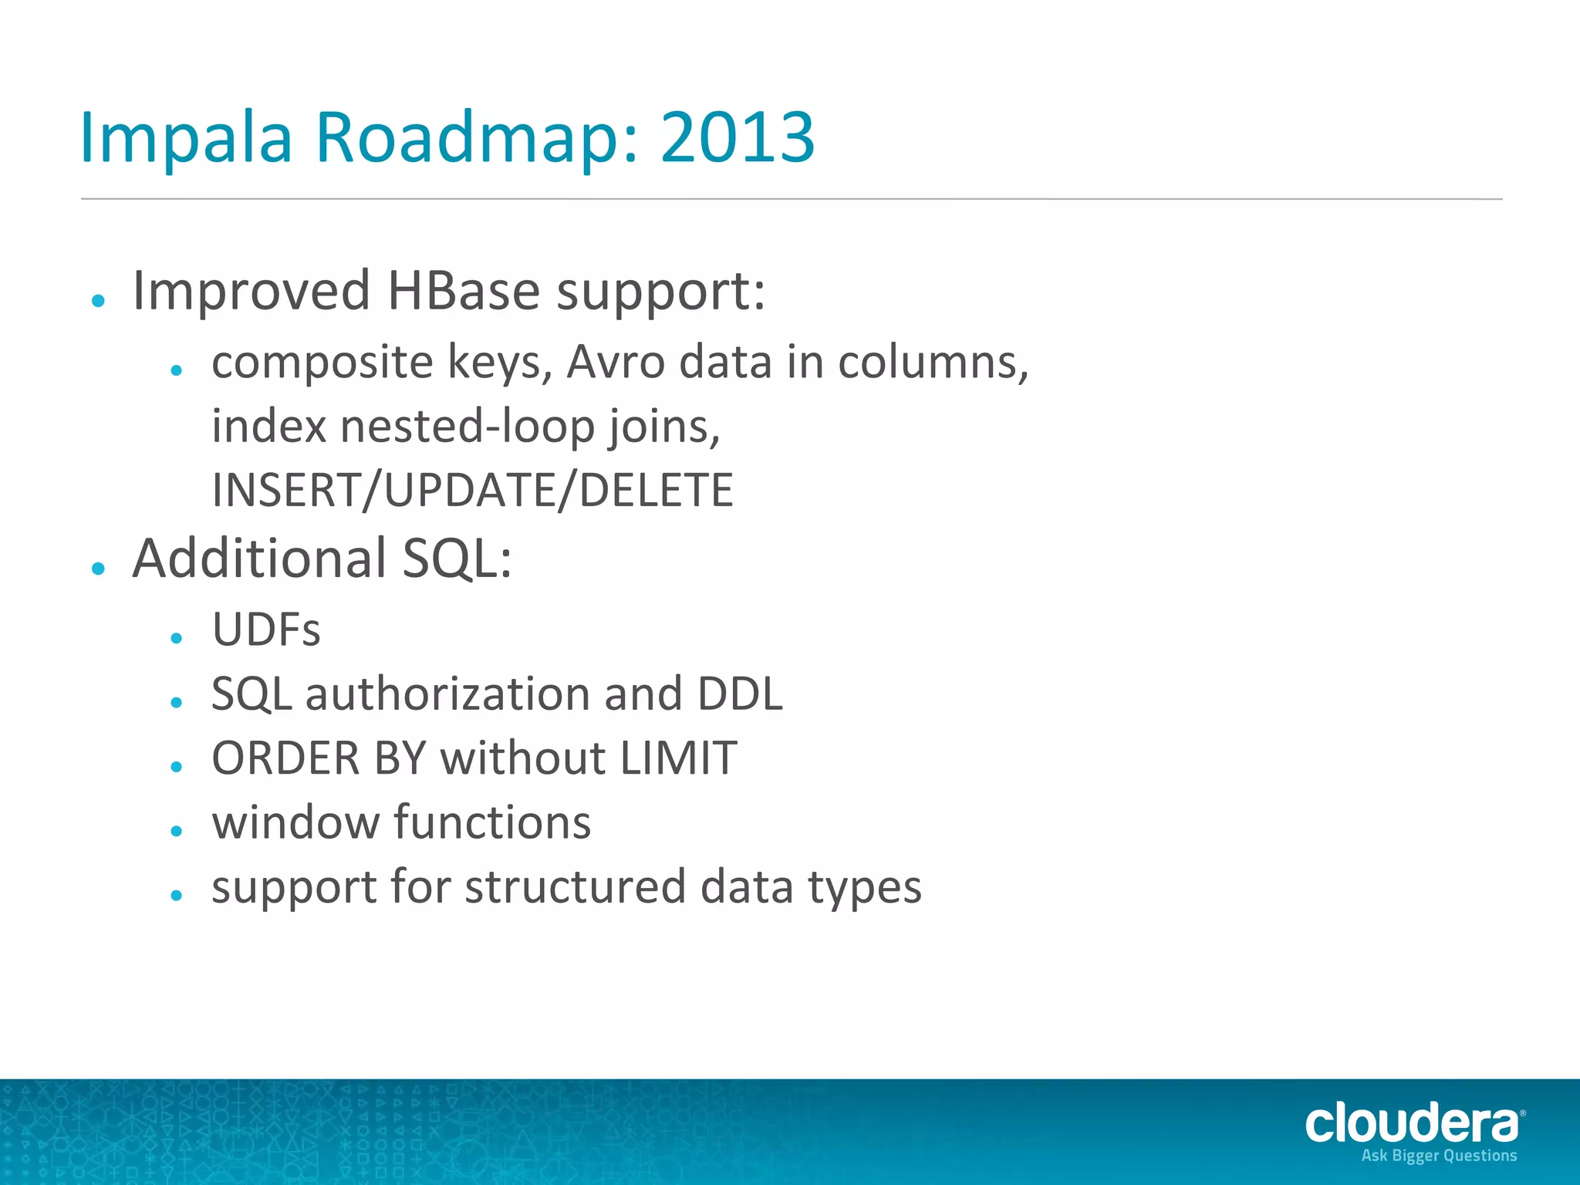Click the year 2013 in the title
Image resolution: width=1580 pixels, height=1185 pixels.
pyautogui.click(x=737, y=137)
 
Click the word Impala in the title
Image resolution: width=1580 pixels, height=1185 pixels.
pyautogui.click(x=186, y=137)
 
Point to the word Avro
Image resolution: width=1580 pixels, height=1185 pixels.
pyautogui.click(x=615, y=362)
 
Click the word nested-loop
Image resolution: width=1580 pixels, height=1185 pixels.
pyautogui.click(x=468, y=426)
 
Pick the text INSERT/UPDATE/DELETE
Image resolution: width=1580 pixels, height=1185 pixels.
pyautogui.click(x=472, y=490)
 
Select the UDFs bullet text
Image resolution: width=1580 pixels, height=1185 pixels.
pyautogui.click(x=265, y=630)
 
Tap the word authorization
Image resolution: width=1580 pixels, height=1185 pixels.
pyautogui.click(x=447, y=694)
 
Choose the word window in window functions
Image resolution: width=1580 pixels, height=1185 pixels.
pyautogui.click(x=295, y=822)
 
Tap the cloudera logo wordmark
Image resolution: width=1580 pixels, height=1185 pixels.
pyautogui.click(x=1411, y=1123)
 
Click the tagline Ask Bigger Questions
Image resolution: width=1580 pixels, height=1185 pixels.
pyautogui.click(x=1439, y=1156)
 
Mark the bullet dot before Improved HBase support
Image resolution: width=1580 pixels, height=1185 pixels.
pyautogui.click(x=98, y=300)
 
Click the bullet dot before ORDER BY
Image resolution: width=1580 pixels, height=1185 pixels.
pyautogui.click(x=177, y=766)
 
